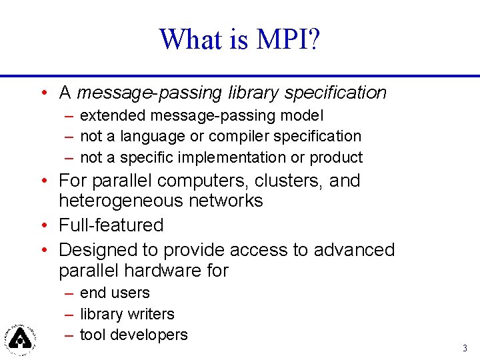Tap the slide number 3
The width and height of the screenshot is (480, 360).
point(465,348)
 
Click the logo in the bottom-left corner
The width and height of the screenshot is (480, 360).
point(21,338)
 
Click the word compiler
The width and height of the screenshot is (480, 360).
point(239,137)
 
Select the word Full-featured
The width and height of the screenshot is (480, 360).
point(111,225)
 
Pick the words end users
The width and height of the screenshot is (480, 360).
point(115,293)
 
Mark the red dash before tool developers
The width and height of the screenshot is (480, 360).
point(69,335)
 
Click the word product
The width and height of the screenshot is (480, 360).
point(336,158)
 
